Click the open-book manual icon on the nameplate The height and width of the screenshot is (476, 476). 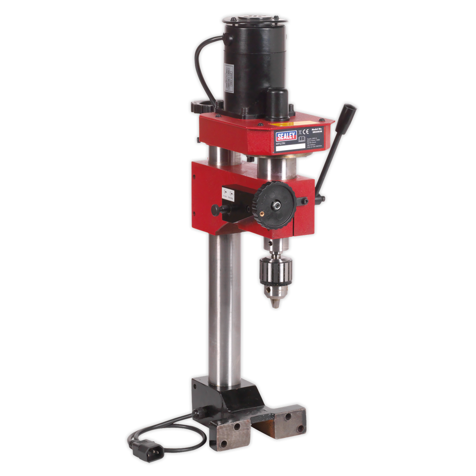302,139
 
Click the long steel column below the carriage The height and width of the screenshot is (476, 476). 225,306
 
